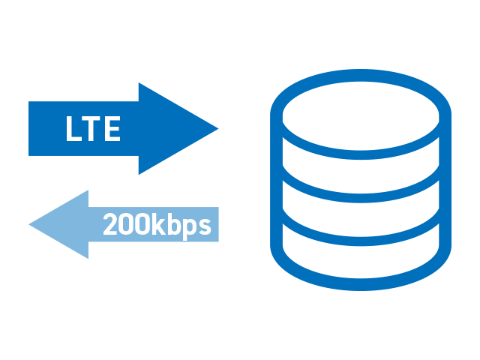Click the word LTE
pyautogui.click(x=93, y=129)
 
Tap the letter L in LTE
pyautogui.click(x=73, y=129)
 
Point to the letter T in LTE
pyautogui.click(x=91, y=129)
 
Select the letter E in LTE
pyautogui.click(x=112, y=129)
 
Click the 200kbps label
pyautogui.click(x=157, y=224)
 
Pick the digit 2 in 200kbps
pyautogui.click(x=110, y=224)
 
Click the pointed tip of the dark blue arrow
pyautogui.click(x=217, y=128)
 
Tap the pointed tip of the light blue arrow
pyautogui.click(x=31, y=224)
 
